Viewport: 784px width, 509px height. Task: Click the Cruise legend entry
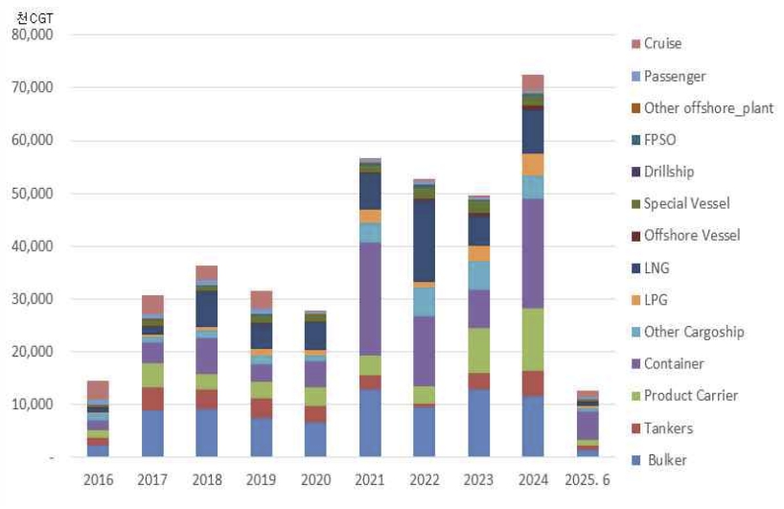click(662, 44)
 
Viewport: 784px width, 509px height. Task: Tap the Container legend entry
click(674, 364)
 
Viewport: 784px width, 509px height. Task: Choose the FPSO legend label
click(659, 140)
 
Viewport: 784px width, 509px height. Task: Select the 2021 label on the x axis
click(369, 477)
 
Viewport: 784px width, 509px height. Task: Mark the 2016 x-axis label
click(98, 477)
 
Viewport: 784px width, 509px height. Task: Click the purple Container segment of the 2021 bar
click(369, 298)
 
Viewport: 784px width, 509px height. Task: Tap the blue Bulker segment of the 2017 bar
click(152, 433)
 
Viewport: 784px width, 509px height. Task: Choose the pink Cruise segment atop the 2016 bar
click(98, 389)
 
